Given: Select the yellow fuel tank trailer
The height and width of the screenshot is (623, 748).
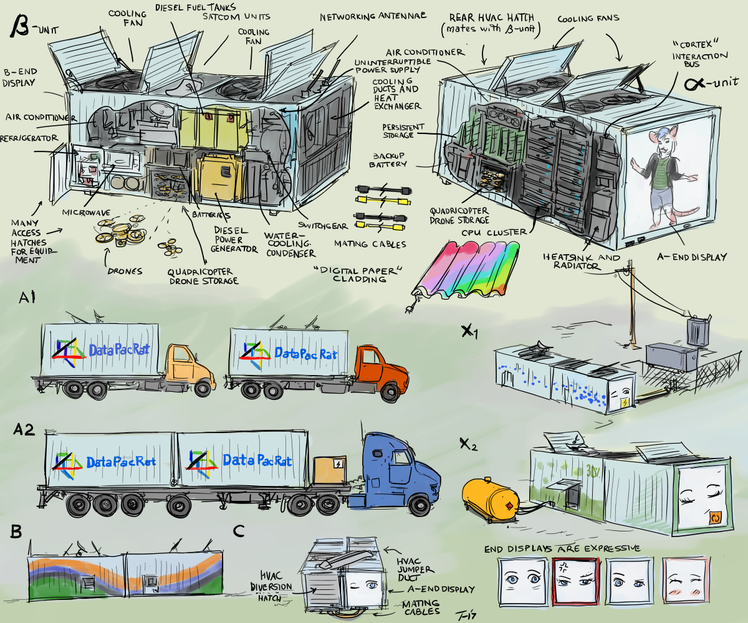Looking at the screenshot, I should point(489,495).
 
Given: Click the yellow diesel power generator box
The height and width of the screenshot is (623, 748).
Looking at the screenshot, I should point(218,178).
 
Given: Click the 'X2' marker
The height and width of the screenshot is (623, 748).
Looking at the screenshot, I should point(469,444).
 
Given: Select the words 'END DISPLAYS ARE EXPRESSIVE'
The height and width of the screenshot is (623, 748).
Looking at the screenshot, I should point(562,549).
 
